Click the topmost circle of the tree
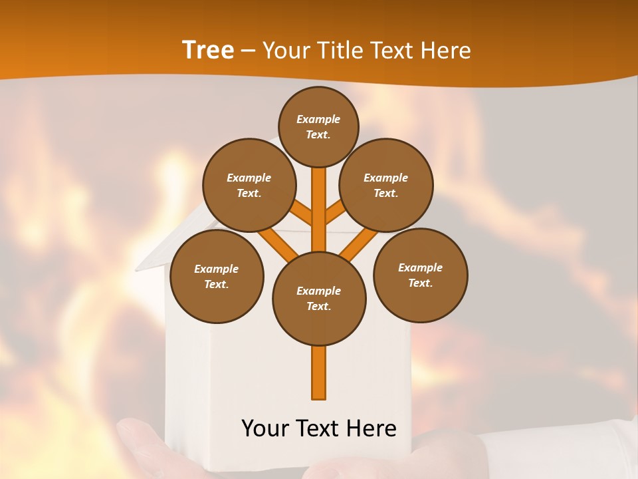click(x=318, y=126)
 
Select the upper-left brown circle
click(x=249, y=185)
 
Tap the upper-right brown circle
click(x=386, y=185)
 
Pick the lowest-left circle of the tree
click(x=217, y=276)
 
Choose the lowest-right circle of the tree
click(x=420, y=275)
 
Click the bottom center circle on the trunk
click(x=319, y=299)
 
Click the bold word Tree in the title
click(x=208, y=50)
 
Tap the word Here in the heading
click(x=445, y=51)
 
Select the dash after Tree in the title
click(x=247, y=51)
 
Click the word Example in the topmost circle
click(x=318, y=119)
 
